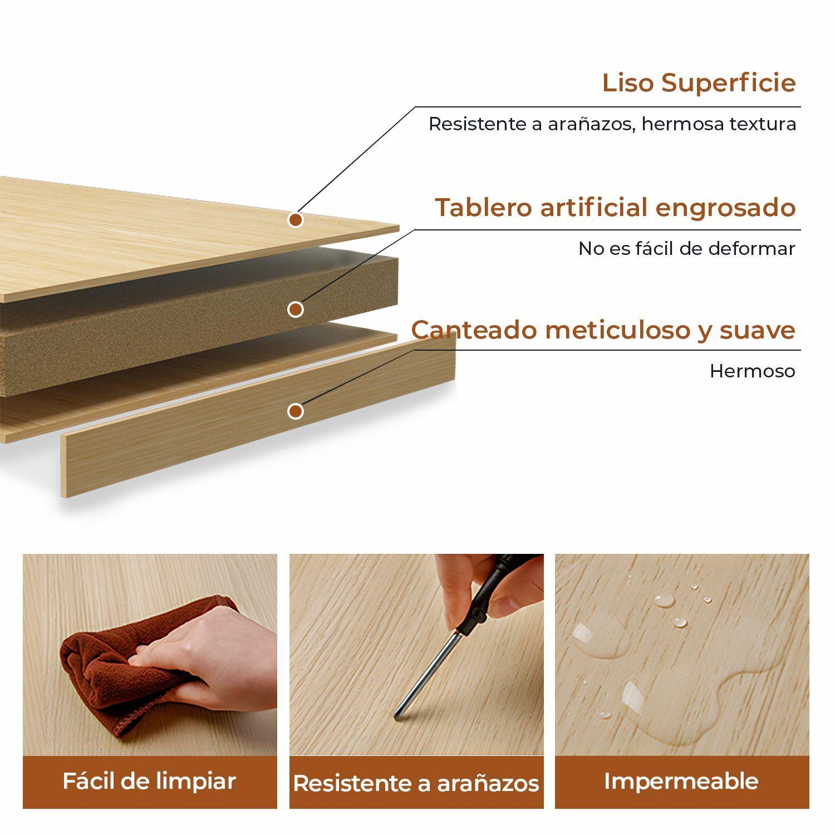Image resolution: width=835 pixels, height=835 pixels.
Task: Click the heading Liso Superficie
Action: tap(699, 83)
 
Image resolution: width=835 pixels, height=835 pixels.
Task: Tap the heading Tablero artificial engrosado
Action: tap(615, 208)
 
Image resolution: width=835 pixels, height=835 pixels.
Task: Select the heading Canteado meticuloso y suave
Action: tap(603, 330)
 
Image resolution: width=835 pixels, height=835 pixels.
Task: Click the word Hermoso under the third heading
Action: tap(752, 371)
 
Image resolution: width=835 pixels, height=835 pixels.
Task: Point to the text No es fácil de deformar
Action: tap(686, 249)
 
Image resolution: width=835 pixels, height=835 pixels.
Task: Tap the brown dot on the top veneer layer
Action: tap(296, 220)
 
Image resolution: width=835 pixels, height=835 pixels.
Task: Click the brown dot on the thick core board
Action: tap(296, 309)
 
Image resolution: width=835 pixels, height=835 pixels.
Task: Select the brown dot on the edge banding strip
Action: tap(296, 411)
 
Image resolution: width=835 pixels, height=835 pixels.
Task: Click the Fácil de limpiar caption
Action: tap(149, 781)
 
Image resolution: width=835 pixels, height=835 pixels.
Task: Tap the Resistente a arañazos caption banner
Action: tap(416, 783)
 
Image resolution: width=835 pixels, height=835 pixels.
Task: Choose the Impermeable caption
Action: tap(681, 781)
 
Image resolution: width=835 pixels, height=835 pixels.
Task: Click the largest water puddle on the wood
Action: tap(685, 707)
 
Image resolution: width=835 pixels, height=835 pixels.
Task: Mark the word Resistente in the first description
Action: tap(478, 124)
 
